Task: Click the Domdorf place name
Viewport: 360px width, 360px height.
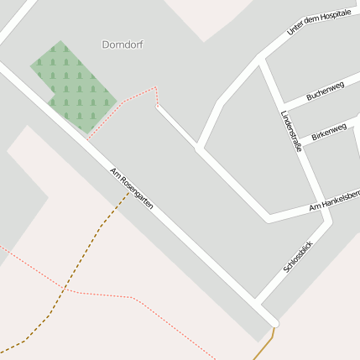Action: point(123,44)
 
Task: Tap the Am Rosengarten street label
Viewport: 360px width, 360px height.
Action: point(132,189)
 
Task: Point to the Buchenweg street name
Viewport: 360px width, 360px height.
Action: point(326,91)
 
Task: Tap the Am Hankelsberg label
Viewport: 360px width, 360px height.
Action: point(334,201)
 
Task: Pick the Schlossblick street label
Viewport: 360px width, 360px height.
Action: point(298,254)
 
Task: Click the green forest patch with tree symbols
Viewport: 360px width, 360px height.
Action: point(73,86)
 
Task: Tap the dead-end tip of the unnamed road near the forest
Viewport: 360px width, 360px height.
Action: point(157,106)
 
